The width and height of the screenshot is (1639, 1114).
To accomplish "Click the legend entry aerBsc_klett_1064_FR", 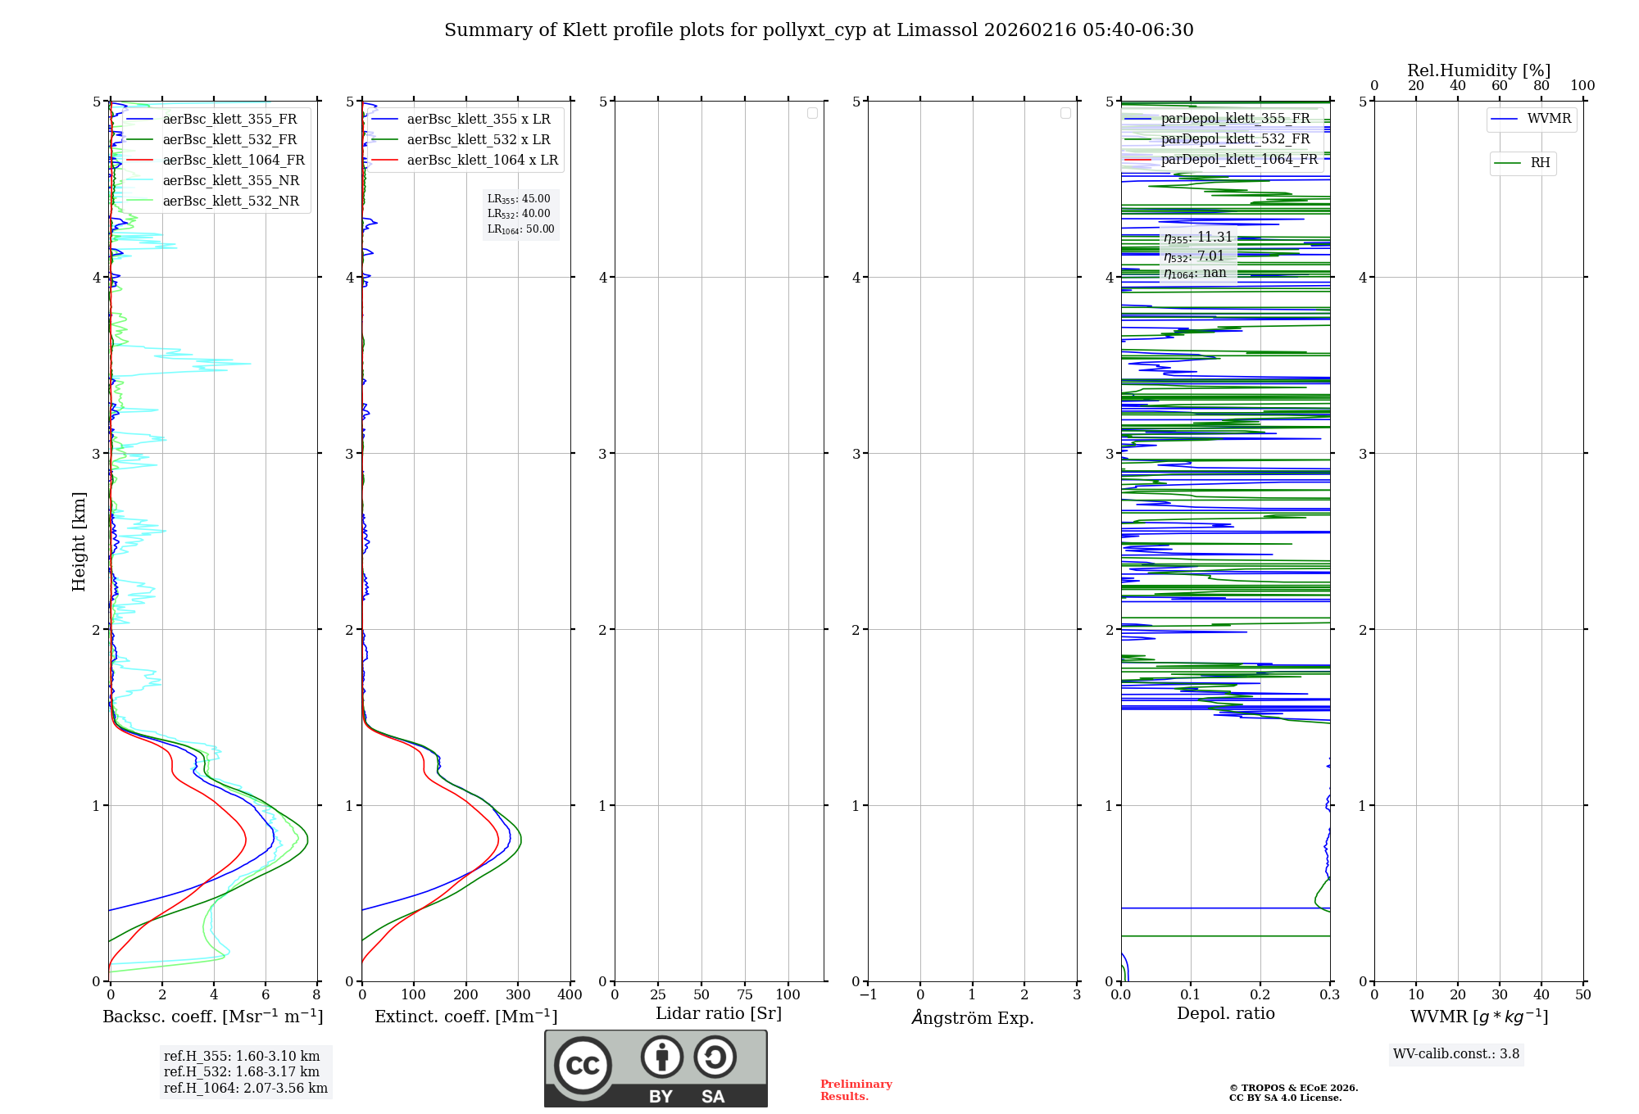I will point(234,161).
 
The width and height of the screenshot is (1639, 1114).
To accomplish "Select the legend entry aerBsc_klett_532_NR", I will point(231,202).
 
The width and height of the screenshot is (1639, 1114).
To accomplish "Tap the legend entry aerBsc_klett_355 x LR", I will point(479,120).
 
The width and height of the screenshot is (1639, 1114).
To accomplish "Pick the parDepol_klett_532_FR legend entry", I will point(1235,139).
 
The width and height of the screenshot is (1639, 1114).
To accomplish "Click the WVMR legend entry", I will point(1549,119).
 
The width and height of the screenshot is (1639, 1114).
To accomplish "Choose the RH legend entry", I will point(1540,163).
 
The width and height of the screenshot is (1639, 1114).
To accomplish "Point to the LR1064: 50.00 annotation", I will point(520,229).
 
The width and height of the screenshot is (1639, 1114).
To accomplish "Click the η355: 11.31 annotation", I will point(1198,238).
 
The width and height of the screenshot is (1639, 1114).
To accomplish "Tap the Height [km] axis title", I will point(79,541).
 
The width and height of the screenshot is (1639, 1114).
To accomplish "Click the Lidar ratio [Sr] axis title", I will point(719,1013).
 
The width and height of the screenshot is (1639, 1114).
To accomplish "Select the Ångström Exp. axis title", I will point(973,1018).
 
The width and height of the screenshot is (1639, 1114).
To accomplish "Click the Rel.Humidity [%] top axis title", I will point(1478,70).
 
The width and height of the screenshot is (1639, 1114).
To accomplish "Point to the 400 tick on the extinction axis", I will point(570,995).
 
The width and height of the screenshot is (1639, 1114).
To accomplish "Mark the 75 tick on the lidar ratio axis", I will point(744,995).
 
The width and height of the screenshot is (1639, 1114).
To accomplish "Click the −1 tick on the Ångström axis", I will point(868,995).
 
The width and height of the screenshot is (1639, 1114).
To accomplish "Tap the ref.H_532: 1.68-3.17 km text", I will point(242,1072).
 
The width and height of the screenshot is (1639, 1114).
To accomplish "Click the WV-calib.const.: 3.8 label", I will point(1456,1054).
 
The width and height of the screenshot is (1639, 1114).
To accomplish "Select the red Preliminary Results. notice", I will point(856,1090).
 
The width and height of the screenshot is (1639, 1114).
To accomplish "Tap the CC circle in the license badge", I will point(583,1066).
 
